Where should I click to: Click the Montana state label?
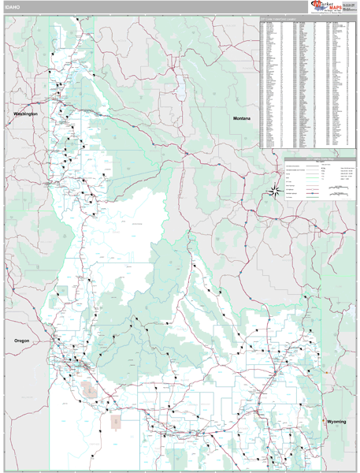click(242, 118)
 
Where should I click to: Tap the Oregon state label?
click(22, 341)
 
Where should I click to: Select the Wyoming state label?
click(336, 423)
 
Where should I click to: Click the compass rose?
click(275, 188)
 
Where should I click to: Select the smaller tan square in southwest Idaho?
click(116, 422)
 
